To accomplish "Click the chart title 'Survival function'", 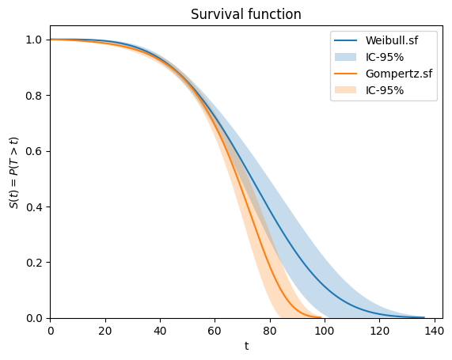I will click(246, 14).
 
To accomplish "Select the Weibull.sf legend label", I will click(393, 40).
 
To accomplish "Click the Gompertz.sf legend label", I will click(397, 74).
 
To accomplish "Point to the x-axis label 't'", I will click(246, 346).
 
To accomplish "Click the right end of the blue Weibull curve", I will click(424, 317).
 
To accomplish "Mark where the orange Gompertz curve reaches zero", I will click(321, 317).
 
